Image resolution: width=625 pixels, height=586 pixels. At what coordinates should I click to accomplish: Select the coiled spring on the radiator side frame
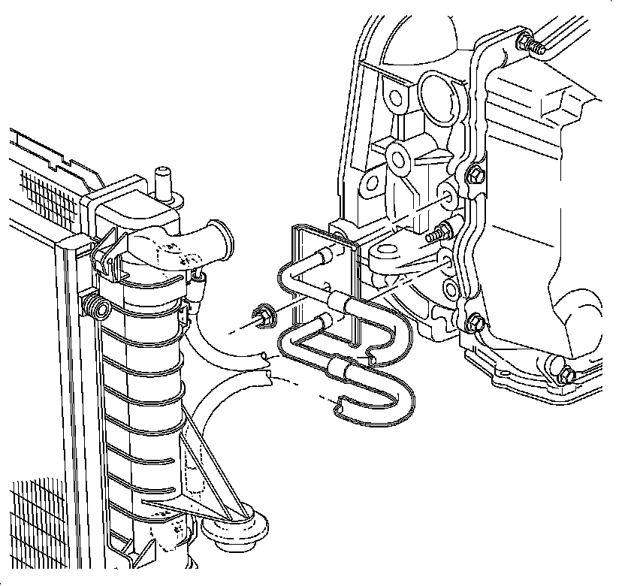click(95, 305)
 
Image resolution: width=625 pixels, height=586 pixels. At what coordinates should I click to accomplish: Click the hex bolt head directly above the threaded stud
click(475, 177)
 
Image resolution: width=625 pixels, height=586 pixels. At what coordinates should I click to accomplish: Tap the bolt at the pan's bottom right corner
click(565, 371)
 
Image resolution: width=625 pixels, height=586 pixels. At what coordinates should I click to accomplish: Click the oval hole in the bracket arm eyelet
click(388, 252)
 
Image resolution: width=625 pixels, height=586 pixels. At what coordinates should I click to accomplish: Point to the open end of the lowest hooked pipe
click(337, 409)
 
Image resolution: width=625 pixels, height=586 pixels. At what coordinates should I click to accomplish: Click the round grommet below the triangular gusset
click(233, 525)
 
